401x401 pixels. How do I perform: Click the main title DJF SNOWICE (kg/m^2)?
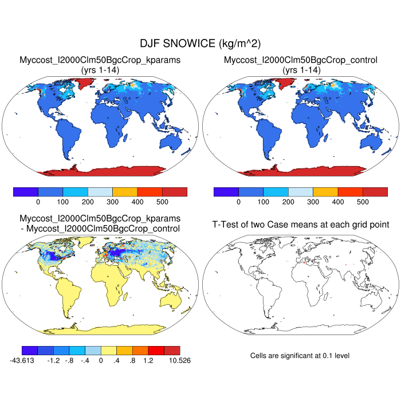click(x=200, y=44)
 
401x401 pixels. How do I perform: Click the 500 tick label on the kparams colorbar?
click(x=162, y=202)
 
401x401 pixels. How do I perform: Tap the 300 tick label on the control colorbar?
click(x=313, y=202)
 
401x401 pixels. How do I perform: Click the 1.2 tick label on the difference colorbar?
click(x=148, y=360)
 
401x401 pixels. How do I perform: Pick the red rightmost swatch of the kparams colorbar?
click(x=175, y=192)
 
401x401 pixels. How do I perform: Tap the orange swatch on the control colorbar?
click(x=325, y=192)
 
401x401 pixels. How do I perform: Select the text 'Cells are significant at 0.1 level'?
click(x=300, y=356)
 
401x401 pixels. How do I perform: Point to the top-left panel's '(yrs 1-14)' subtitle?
click(x=100, y=69)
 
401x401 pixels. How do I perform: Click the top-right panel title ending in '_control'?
click(x=301, y=60)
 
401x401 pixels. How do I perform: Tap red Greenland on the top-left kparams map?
click(x=84, y=84)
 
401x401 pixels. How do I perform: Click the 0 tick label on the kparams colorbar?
click(x=38, y=202)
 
